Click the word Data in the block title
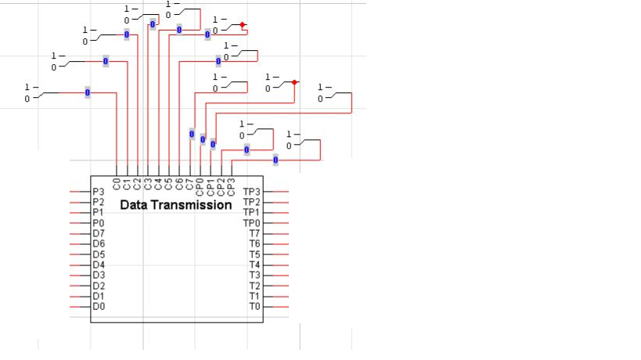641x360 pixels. pos(135,205)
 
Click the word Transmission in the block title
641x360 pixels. pos(192,205)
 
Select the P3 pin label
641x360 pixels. pos(98,192)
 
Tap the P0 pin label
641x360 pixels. pos(98,223)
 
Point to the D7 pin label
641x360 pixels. pos(98,233)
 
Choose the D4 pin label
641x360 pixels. pos(98,265)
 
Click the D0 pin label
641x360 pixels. pos(98,307)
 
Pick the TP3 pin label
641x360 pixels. pos(251,192)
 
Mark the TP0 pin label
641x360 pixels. pos(251,223)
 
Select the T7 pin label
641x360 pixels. pos(254,233)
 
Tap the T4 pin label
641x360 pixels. pos(254,265)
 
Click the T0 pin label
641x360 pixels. pos(254,307)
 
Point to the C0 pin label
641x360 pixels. pos(117,185)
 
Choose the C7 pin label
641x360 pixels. pos(189,185)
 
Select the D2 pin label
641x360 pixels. pos(98,286)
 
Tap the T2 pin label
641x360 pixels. pos(254,286)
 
